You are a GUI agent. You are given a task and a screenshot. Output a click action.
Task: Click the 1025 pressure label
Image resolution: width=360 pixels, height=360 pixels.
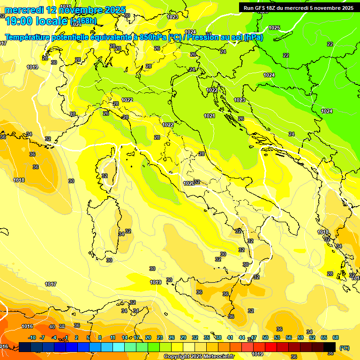[274, 28]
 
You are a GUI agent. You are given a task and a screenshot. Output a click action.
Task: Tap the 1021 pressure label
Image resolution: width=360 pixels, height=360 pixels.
[210, 116]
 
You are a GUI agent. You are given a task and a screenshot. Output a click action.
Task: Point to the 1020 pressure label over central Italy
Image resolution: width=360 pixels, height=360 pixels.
[189, 183]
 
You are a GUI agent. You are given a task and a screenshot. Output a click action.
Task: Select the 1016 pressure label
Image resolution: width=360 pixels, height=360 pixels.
[27, 326]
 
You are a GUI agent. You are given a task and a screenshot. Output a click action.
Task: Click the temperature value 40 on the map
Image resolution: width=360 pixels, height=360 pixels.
[52, 327]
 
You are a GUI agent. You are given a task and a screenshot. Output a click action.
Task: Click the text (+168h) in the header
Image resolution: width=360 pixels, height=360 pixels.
[83, 21]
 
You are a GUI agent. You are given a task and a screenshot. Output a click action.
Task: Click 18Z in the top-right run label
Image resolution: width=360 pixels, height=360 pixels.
[271, 7]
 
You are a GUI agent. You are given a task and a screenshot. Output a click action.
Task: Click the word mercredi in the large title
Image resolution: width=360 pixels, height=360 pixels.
[24, 9]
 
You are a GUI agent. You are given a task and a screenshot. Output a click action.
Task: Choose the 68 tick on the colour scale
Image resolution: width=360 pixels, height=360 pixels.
[336, 337]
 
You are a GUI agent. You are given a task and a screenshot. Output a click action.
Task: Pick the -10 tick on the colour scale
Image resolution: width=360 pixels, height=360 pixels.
[32, 337]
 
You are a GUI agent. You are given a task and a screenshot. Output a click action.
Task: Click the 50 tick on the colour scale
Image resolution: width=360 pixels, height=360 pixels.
[265, 337]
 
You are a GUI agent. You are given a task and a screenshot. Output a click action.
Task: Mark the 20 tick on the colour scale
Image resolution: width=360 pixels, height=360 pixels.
[148, 337]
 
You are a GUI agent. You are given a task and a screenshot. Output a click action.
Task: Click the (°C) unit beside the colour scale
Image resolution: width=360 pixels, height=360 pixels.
[345, 348]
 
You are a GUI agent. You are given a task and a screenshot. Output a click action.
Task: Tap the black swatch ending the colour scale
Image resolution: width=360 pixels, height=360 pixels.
[330, 347]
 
